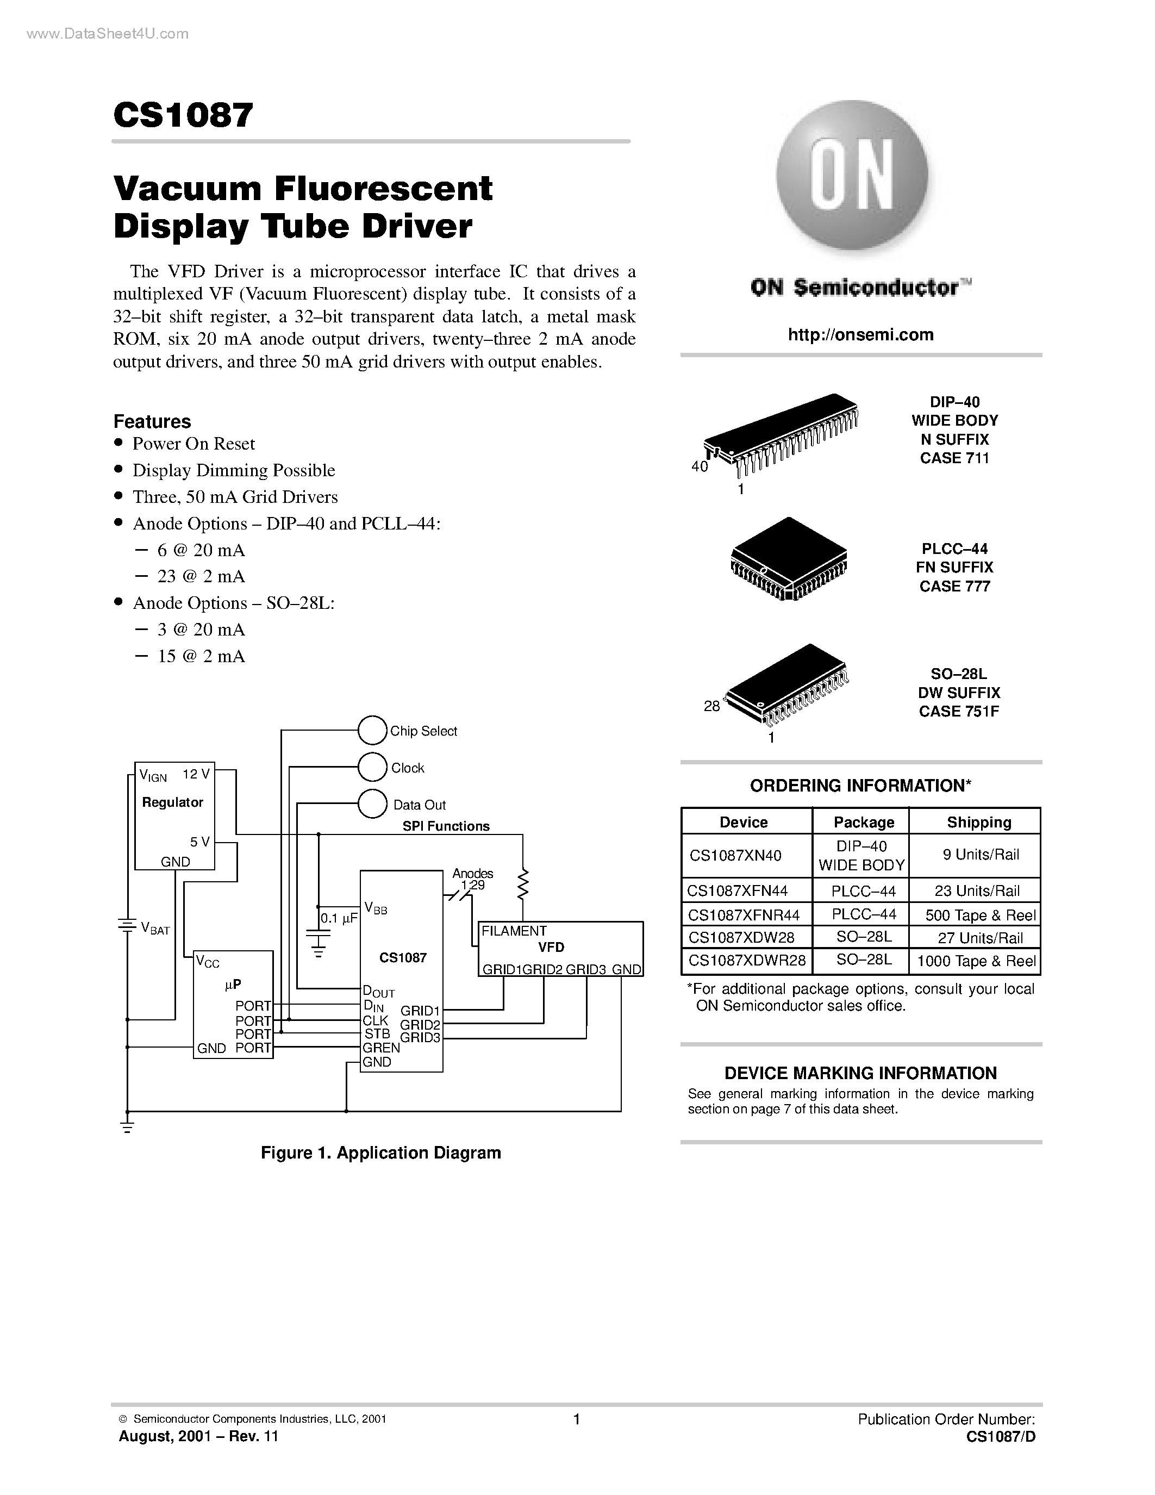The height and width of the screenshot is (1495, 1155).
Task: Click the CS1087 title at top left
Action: (x=183, y=115)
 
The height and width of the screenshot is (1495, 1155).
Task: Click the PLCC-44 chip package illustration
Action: (x=788, y=558)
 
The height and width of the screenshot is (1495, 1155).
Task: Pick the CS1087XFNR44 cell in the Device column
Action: (x=743, y=914)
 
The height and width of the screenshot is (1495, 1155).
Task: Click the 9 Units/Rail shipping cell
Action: (x=980, y=854)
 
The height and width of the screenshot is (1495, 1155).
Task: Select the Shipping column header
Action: (x=978, y=822)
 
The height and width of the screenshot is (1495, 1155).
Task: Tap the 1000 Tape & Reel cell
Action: (x=976, y=961)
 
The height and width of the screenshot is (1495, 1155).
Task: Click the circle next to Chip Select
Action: (x=372, y=731)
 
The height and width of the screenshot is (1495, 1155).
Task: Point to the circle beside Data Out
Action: (x=372, y=803)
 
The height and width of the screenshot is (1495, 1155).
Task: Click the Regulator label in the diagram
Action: (x=172, y=802)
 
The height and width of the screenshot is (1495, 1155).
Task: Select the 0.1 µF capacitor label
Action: (x=339, y=918)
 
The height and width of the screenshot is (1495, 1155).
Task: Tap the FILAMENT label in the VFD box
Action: (x=514, y=931)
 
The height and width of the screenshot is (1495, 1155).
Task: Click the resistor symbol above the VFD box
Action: (x=523, y=884)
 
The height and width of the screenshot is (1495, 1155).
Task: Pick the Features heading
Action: (x=152, y=421)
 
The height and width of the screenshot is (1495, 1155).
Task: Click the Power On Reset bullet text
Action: (x=193, y=444)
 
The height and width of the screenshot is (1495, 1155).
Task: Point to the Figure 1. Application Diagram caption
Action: (x=380, y=1153)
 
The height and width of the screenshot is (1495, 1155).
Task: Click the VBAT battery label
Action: (x=155, y=929)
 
